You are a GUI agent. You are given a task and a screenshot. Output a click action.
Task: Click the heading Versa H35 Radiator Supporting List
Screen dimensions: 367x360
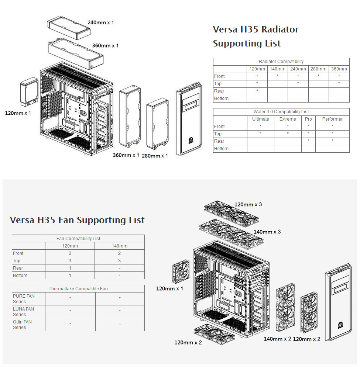tap(256, 36)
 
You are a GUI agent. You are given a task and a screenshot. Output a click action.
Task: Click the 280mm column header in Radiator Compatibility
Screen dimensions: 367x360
tap(318, 69)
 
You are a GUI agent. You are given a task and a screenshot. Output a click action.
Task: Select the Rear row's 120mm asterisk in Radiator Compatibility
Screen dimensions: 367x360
tap(257, 91)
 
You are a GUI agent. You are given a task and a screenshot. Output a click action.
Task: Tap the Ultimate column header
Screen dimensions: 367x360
tap(261, 119)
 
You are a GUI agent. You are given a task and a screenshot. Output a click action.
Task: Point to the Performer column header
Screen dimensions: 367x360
tap(332, 119)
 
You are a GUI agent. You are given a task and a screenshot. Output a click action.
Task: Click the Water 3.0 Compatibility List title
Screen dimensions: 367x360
tap(281, 112)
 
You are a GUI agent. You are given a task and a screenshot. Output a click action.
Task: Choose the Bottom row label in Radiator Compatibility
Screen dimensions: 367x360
tap(221, 98)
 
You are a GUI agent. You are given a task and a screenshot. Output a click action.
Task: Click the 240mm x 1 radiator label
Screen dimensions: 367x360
tap(101, 22)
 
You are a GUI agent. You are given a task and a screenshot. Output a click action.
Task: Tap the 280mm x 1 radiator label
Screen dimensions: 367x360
tap(155, 156)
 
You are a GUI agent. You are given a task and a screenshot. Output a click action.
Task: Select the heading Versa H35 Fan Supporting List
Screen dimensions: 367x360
tap(77, 220)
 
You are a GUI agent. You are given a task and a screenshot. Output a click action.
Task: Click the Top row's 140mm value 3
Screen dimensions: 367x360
tap(119, 261)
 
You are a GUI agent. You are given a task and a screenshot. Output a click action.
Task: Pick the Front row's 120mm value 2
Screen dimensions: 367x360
tap(70, 253)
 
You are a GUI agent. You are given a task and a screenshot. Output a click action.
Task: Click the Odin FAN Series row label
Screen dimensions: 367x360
tap(22, 325)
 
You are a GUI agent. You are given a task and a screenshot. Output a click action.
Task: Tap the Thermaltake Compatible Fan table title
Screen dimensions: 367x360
tap(78, 288)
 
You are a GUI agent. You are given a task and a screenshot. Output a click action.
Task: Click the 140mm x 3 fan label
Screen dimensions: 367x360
tap(267, 232)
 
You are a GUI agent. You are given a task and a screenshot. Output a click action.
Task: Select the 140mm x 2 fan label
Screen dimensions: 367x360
tap(277, 339)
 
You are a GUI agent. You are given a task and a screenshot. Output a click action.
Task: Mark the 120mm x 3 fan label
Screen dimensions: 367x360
tap(248, 204)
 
